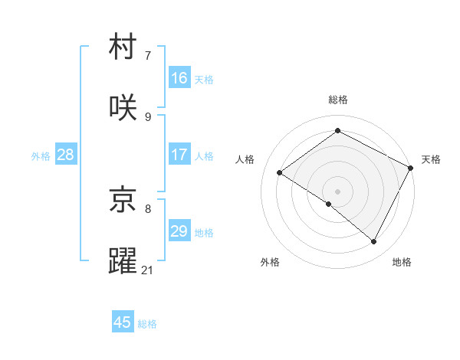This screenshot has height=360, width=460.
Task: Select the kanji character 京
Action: [123, 199]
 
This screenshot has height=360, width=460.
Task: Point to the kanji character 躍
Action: [123, 260]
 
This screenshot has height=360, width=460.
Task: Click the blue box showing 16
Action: [179, 77]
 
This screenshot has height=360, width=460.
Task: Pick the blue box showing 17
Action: [179, 155]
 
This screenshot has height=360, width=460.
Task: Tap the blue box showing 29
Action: [179, 231]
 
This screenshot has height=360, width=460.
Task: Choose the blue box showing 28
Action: [66, 155]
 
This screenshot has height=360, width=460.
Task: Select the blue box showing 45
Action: [123, 322]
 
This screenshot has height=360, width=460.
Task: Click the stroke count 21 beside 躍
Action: [148, 270]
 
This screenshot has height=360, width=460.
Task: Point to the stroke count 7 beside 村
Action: [148, 56]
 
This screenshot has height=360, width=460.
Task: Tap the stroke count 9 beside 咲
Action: [148, 116]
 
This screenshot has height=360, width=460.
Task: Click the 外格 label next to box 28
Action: [41, 156]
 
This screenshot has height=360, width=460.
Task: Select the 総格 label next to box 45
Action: [147, 324]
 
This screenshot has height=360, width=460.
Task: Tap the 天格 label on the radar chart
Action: [431, 159]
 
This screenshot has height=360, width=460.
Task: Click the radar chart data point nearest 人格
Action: [280, 173]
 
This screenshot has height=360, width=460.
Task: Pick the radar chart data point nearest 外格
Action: [329, 204]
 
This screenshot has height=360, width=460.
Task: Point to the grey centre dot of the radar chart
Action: [337, 191]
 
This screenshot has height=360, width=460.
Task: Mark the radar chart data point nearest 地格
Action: [374, 242]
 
